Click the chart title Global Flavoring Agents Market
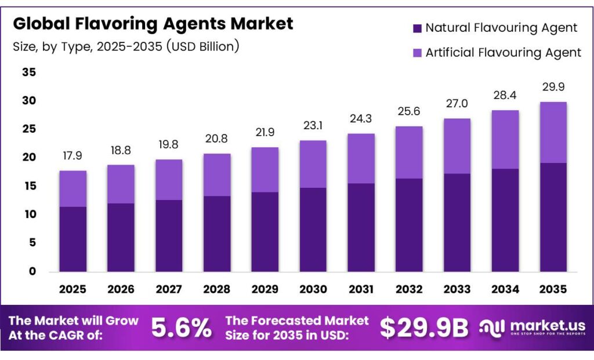click(x=153, y=24)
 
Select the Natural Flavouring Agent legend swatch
click(x=417, y=28)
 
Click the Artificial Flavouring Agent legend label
click(x=503, y=52)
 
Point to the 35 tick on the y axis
click(x=28, y=72)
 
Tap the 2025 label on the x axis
click(x=73, y=289)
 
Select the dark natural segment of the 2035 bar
click(x=553, y=217)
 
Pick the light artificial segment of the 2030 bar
click(x=313, y=164)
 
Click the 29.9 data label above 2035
click(x=553, y=87)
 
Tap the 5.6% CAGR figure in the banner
click(x=182, y=328)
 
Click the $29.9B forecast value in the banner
click(x=424, y=328)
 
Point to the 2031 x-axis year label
click(x=361, y=289)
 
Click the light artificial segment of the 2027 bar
click(x=169, y=180)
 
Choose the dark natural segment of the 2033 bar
click(x=457, y=223)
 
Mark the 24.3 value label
click(x=361, y=119)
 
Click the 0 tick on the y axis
click(x=32, y=271)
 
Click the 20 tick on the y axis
click(x=28, y=158)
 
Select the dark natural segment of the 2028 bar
click(x=217, y=234)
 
